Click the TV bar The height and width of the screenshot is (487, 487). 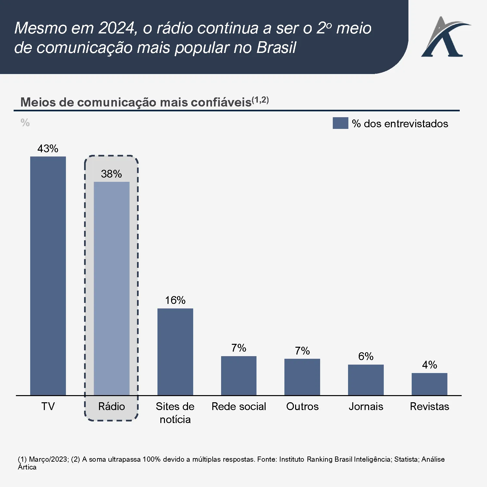coord(48,276)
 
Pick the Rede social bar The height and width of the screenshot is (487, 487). coord(239,376)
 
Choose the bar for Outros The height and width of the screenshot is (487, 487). coord(302,377)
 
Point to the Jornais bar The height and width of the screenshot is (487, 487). coord(366,380)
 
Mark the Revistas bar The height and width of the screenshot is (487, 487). coord(429,384)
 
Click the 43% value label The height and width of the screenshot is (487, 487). coord(48,149)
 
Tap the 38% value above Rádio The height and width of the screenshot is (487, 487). coord(111,174)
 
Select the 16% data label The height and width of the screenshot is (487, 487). coord(175,300)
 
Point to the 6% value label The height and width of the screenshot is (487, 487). coord(366,356)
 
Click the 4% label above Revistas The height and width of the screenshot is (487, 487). coord(429,365)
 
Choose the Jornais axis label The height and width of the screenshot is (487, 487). coord(366,406)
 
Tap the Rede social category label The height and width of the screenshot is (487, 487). coord(239,406)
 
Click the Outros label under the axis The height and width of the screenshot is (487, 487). coord(302,406)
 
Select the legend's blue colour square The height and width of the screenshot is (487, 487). coord(340,123)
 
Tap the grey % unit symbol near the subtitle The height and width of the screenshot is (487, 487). coord(25,123)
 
